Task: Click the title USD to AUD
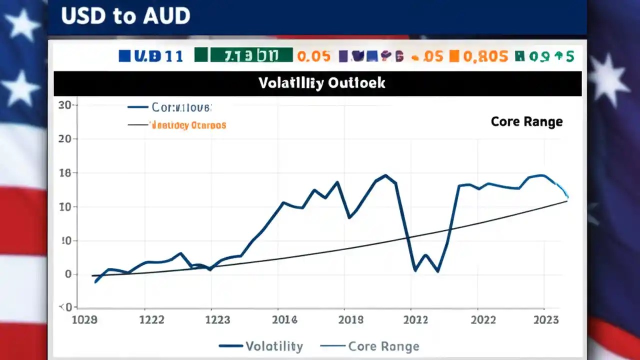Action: tap(125, 16)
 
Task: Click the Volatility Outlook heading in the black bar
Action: tap(321, 83)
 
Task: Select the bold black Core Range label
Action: tap(526, 121)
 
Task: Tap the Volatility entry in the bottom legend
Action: tap(274, 346)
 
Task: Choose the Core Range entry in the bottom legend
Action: tap(383, 346)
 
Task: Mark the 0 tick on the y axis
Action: tap(68, 274)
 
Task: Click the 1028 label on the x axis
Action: tap(84, 319)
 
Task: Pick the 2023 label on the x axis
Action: tap(546, 319)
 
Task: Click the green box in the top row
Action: tap(243, 55)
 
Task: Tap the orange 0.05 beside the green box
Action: tap(313, 56)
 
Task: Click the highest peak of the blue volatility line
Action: tap(385, 175)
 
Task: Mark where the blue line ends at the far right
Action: tap(567, 197)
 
